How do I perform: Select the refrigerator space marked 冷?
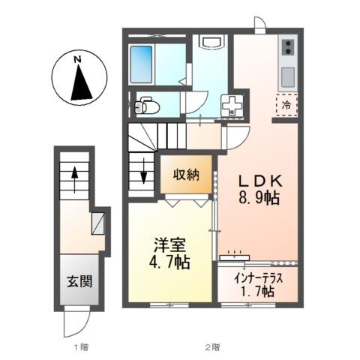tap(286, 105)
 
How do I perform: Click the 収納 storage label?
tap(188, 175)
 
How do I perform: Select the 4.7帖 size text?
tap(171, 264)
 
